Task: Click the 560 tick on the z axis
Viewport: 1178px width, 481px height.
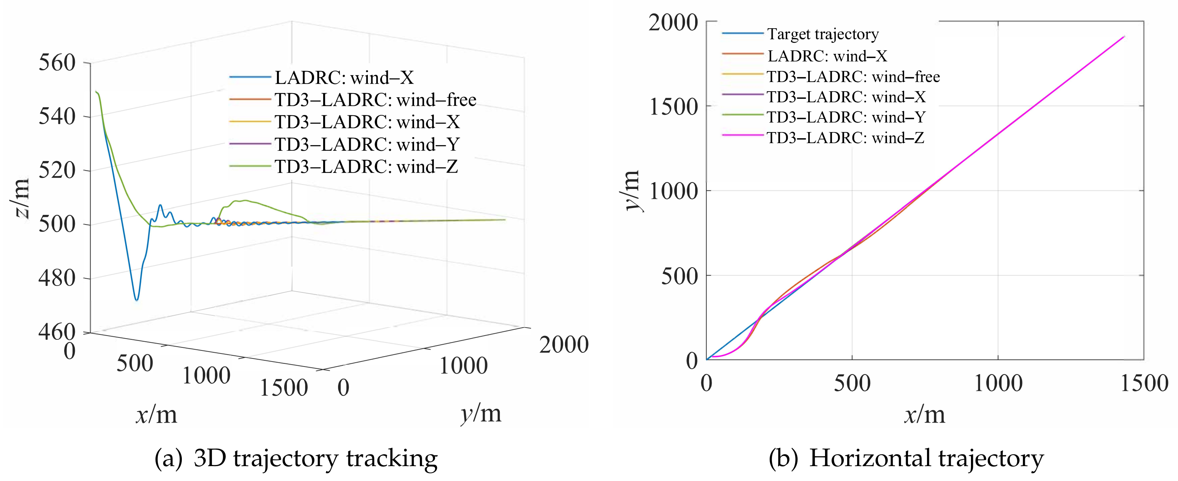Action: (57, 63)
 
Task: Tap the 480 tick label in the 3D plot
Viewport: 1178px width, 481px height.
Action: (57, 278)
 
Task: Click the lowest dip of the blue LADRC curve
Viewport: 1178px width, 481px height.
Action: (136, 300)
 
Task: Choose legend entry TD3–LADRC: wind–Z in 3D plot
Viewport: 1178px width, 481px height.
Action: (366, 166)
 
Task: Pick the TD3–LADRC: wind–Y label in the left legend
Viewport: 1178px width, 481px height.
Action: (367, 144)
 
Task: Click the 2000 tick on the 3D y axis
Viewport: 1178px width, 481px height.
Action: (563, 344)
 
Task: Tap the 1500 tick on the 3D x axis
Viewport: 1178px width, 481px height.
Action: (283, 388)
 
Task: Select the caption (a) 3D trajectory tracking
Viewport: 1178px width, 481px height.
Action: (296, 458)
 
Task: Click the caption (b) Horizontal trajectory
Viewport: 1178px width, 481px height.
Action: (906, 458)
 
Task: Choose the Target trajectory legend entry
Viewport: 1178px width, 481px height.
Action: (822, 34)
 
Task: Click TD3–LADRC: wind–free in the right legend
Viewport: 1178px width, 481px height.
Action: (853, 76)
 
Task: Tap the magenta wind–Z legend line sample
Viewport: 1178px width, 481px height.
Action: (743, 136)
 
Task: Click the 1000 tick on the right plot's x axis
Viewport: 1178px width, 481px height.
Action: (998, 383)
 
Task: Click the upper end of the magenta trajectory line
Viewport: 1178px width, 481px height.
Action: (1124, 37)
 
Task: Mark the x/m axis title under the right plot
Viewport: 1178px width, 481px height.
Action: (924, 414)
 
